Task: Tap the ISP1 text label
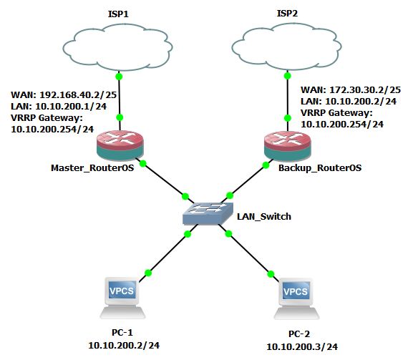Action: coord(118,12)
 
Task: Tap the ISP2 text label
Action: coord(286,12)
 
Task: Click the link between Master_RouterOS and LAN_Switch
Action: coord(164,180)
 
